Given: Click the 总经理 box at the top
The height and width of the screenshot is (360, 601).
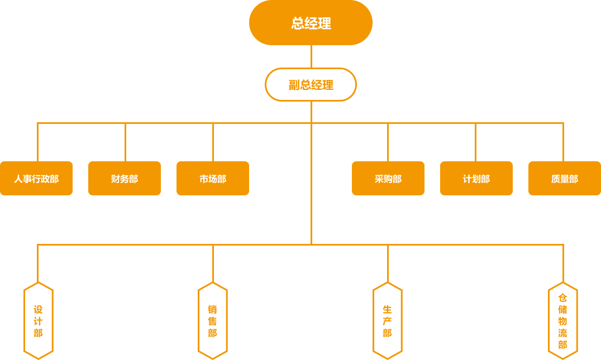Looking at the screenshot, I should [x=311, y=23].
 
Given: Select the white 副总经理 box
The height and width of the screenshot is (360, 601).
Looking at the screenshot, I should [x=311, y=85].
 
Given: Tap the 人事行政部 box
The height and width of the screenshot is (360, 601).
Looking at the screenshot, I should [x=36, y=179].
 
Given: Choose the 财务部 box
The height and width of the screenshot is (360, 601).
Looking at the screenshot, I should [x=125, y=179].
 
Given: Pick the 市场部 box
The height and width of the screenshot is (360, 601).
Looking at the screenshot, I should [x=213, y=179].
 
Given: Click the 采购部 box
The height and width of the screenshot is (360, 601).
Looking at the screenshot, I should [x=388, y=179].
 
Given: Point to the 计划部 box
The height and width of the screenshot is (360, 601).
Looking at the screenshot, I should [x=476, y=179].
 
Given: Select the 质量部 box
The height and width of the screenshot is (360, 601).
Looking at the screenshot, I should [x=564, y=179].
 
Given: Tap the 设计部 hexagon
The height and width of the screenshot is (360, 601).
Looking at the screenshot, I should [x=38, y=321].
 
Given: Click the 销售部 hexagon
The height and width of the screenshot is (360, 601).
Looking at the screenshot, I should [x=213, y=321].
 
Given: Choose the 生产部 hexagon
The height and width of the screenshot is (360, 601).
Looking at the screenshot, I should [x=388, y=321].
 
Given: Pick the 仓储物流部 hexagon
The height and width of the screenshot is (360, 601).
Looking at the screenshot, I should [x=562, y=321].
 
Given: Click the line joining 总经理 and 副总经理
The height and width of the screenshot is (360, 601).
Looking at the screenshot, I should [x=311, y=56].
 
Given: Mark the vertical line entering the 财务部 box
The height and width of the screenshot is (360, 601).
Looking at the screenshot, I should [x=125, y=142].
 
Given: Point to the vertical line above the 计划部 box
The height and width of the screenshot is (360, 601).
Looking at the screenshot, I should [x=475, y=142].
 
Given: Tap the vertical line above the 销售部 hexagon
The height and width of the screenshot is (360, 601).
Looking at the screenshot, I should [x=213, y=263].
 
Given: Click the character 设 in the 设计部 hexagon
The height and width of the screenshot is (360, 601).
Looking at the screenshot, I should [x=38, y=309].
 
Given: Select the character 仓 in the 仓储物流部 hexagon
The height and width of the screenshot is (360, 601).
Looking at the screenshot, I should [x=562, y=297].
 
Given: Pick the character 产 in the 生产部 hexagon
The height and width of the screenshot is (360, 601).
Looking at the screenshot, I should [x=388, y=321].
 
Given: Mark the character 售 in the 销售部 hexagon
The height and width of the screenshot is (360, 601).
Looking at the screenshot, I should [x=213, y=321].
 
